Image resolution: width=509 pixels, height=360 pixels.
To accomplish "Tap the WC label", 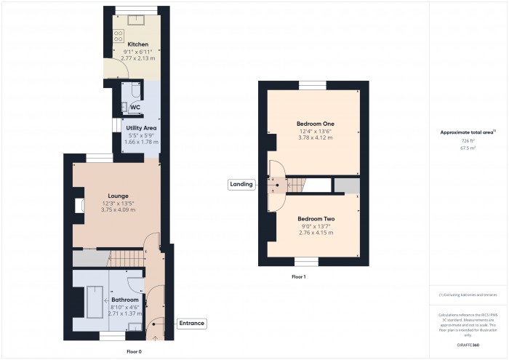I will (135, 108).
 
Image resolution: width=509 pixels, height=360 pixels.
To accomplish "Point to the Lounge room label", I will (119, 196).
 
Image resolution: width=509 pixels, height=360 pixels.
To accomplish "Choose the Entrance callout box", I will (191, 323).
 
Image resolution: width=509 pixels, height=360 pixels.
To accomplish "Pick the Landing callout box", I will (241, 184).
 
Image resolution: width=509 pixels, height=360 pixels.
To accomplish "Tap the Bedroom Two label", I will (316, 219).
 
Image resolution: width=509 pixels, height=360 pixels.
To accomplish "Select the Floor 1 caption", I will (299, 277).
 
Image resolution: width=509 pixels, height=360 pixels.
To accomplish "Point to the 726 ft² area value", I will (468, 141).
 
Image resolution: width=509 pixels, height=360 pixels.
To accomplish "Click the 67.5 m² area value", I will (468, 148).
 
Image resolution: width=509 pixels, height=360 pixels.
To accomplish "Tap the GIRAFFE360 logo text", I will (468, 344).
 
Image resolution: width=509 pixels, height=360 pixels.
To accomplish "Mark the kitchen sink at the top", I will (134, 19).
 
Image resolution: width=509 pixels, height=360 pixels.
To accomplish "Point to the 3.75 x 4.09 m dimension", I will (119, 209).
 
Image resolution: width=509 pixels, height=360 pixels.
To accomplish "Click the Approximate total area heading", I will (468, 132).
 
